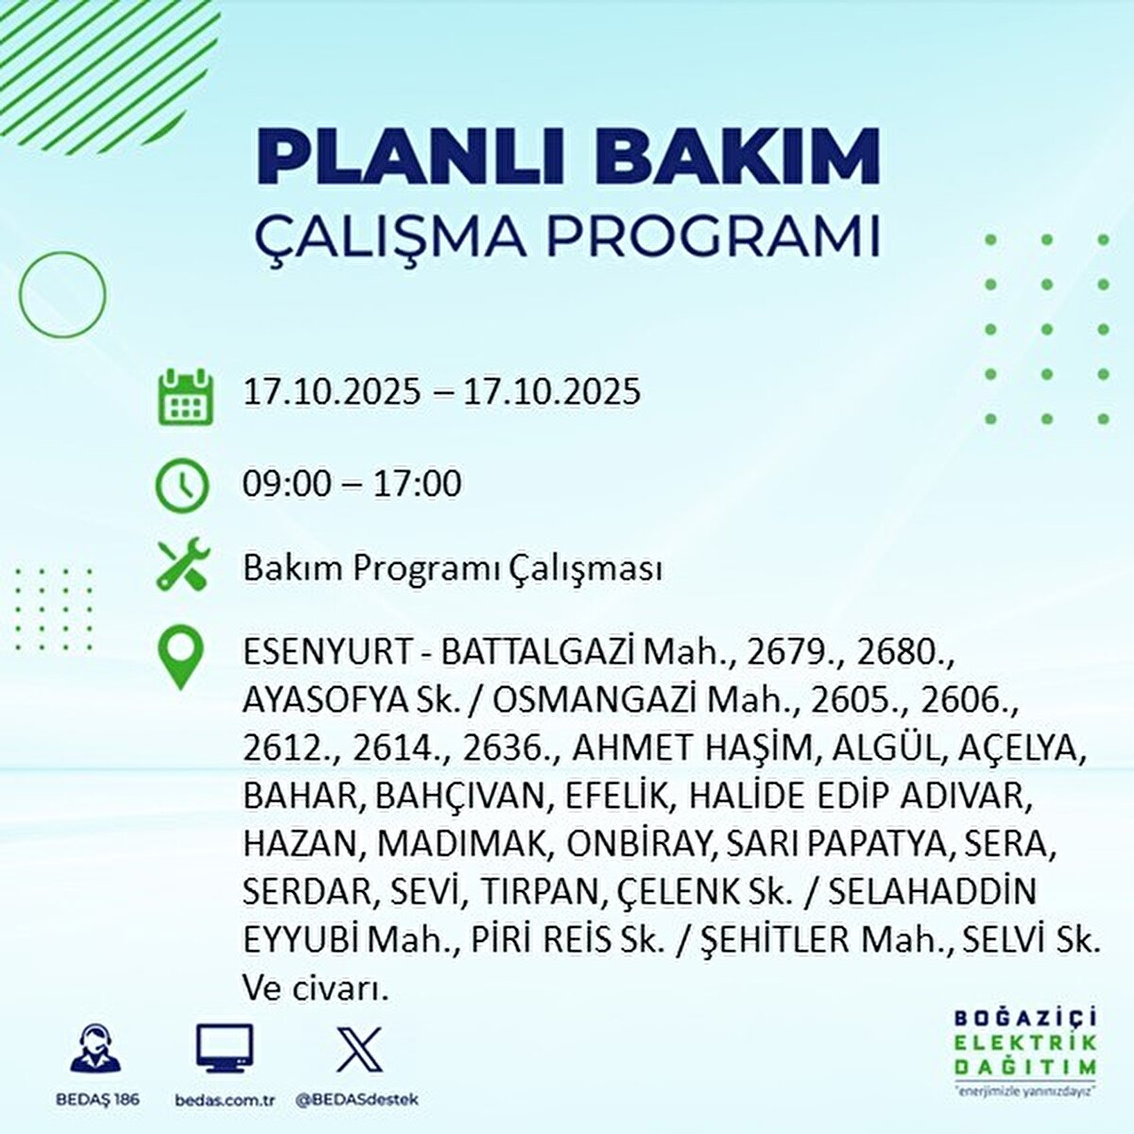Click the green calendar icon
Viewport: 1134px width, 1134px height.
click(x=185, y=397)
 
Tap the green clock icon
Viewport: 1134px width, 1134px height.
click(x=181, y=486)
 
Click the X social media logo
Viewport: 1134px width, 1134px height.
click(x=359, y=1049)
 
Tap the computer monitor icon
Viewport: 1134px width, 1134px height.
click(x=224, y=1048)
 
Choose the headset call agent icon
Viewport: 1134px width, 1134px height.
click(x=95, y=1048)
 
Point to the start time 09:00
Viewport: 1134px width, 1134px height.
click(x=286, y=484)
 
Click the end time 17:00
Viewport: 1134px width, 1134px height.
click(x=419, y=484)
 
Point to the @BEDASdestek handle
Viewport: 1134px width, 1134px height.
click(x=357, y=1099)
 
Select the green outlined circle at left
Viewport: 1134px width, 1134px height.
click(x=20, y=294)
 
